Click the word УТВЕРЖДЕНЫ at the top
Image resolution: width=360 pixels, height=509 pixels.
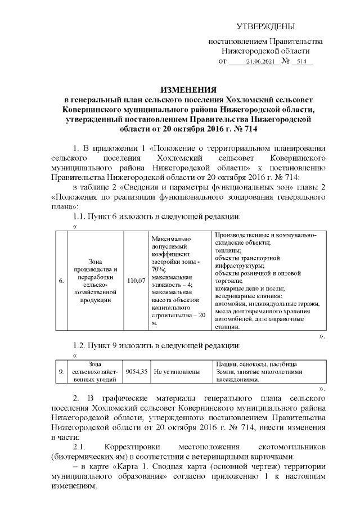pyautogui.click(x=265, y=26)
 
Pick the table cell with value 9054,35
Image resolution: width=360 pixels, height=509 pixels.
pyautogui.click(x=137, y=372)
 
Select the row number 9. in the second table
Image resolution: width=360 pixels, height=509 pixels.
pyautogui.click(x=61, y=372)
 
